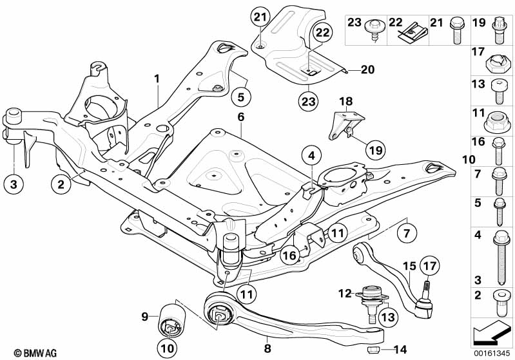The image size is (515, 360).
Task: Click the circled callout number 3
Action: tap(14, 184)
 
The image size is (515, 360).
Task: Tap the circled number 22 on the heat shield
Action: tap(322, 33)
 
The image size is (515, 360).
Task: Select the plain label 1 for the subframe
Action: tap(157, 79)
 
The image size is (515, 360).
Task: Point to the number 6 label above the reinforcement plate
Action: tap(241, 117)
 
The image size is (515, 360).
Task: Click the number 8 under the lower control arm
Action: tap(267, 348)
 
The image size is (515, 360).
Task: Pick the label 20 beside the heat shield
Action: tap(368, 70)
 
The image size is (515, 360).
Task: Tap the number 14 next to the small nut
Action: tap(400, 350)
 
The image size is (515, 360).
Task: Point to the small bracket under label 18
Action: tap(345, 126)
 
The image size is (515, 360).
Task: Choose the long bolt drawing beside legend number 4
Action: tap(501, 258)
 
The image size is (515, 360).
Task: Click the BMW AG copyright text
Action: tap(35, 353)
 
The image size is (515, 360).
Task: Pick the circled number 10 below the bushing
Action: tap(167, 348)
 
